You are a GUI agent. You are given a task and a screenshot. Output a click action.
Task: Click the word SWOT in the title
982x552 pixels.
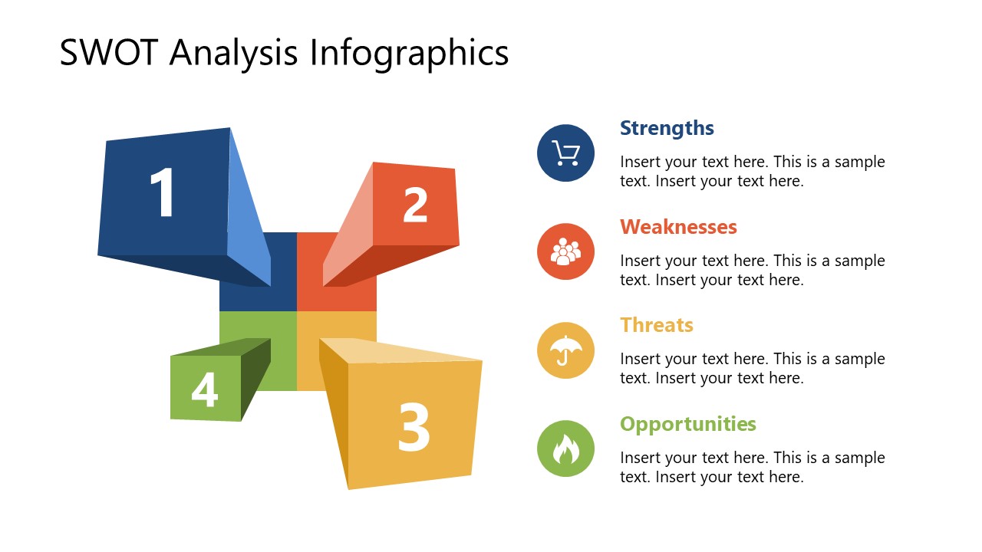[x=107, y=53]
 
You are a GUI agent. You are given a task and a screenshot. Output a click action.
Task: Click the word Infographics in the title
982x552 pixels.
[x=409, y=53]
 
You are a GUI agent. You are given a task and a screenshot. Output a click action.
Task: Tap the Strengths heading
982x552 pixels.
[x=667, y=128]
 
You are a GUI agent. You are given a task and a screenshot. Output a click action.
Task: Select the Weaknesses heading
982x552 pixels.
[x=678, y=227]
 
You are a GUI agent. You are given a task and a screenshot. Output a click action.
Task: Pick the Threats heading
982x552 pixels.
[x=657, y=325]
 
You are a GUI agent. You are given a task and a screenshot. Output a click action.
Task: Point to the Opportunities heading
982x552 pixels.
[x=688, y=424]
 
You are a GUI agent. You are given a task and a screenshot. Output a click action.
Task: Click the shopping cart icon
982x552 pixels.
[x=565, y=153]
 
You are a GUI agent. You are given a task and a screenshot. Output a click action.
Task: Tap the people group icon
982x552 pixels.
[x=565, y=251]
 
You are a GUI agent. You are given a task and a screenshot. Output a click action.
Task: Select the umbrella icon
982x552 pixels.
[x=565, y=350]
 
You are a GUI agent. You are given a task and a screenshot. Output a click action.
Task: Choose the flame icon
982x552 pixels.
[x=565, y=449]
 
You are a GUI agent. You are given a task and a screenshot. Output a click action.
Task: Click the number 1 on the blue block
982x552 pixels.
[x=163, y=194]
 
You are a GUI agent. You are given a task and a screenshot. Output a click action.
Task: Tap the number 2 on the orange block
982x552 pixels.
[x=415, y=205]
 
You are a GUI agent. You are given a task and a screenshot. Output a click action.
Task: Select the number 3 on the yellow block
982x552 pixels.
[x=413, y=427]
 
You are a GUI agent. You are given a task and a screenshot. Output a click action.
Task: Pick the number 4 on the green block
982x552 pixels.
[x=205, y=389]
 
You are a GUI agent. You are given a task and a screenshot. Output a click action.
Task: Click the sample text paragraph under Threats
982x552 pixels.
[x=752, y=368]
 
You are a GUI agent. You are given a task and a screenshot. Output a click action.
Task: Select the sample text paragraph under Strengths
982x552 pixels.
[x=752, y=172]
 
